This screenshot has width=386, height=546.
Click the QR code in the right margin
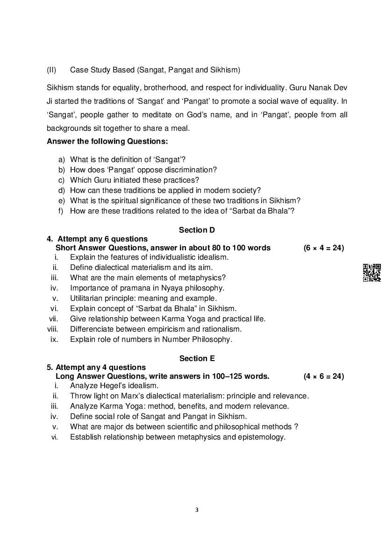pyautogui.click(x=372, y=273)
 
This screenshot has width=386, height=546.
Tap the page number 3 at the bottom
pyautogui.click(x=197, y=510)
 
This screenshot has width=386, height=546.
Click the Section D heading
pyautogui.click(x=197, y=230)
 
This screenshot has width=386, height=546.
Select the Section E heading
pyautogui.click(x=197, y=358)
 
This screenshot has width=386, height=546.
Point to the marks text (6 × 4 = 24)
pyautogui.click(x=323, y=248)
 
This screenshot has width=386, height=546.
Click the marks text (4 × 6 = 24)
pyautogui.click(x=323, y=376)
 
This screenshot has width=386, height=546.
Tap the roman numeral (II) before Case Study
pyautogui.click(x=51, y=70)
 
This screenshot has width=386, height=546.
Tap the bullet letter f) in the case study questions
pyautogui.click(x=61, y=211)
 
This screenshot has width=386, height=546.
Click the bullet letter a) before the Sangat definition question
pyautogui.click(x=61, y=160)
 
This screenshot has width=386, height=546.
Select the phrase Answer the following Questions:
pyautogui.click(x=107, y=142)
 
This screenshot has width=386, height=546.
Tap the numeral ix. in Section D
pyautogui.click(x=54, y=340)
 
